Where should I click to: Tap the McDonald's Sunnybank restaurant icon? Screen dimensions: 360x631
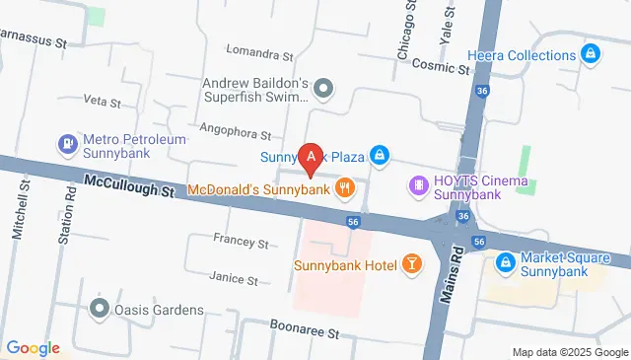[x=345, y=187]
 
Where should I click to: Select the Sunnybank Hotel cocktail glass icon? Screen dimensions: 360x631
[x=410, y=264]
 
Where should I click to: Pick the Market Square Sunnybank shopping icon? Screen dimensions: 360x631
[x=505, y=262]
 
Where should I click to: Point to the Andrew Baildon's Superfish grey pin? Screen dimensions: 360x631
[x=327, y=91]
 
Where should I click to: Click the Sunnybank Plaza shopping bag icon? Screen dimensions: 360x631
[x=379, y=156]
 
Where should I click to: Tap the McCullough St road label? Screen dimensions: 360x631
[x=129, y=184]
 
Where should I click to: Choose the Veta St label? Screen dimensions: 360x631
[x=102, y=102]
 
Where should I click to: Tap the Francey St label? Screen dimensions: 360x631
[x=241, y=241]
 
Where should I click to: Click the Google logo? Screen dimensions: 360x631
[x=33, y=347]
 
